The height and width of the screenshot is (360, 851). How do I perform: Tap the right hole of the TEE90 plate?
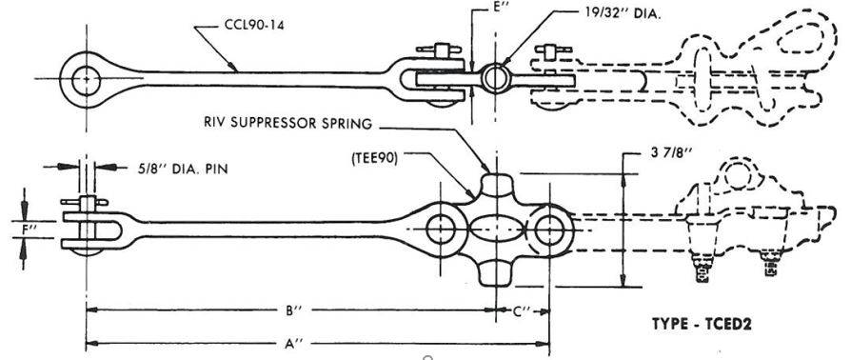549,229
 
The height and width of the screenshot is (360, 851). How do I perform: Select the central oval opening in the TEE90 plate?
495,230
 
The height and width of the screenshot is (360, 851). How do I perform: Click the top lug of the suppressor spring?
496,184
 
